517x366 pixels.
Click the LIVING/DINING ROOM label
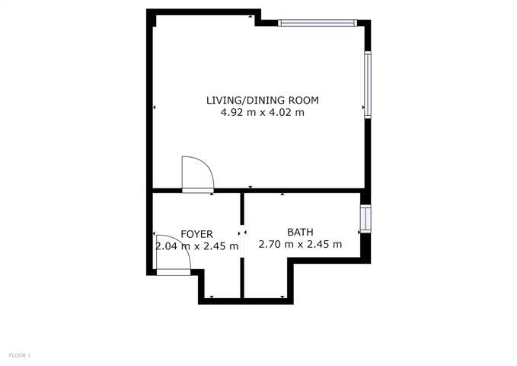(x=263, y=100)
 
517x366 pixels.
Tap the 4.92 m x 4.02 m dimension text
(x=263, y=113)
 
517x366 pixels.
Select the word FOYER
(x=197, y=234)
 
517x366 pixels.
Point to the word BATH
(x=300, y=233)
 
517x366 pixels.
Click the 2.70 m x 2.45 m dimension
(x=300, y=245)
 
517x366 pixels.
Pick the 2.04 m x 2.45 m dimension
(x=197, y=246)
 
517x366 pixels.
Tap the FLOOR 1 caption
(x=20, y=355)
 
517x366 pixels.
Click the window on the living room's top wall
(x=318, y=23)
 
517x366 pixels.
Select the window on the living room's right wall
(x=368, y=85)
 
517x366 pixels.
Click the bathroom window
(x=365, y=219)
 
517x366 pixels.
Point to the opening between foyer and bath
(x=242, y=242)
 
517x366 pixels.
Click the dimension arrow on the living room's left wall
(x=155, y=107)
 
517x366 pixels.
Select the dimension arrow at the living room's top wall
(x=251, y=16)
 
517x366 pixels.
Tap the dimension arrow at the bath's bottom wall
(x=282, y=297)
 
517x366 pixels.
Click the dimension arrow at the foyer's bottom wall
(x=212, y=297)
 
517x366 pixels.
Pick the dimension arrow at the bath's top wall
(x=282, y=194)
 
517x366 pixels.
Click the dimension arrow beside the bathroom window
(x=359, y=233)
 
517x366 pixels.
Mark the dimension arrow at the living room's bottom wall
(x=251, y=188)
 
